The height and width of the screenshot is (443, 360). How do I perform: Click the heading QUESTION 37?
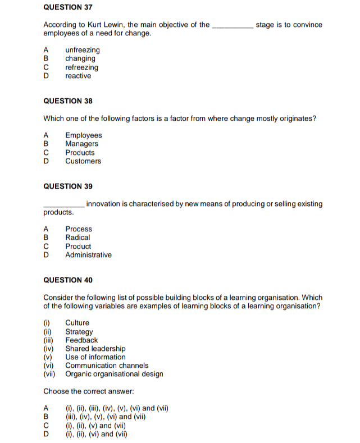point(68,7)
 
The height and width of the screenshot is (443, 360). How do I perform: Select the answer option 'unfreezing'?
point(82,50)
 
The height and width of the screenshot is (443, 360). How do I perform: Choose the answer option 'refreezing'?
point(81,67)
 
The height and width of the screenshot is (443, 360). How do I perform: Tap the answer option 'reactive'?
point(78,76)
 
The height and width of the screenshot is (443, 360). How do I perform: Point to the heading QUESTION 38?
point(68,101)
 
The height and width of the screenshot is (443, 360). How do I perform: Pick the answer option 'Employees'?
point(83,135)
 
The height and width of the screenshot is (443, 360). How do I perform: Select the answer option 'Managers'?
point(81,144)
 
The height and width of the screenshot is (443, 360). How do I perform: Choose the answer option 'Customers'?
point(83,161)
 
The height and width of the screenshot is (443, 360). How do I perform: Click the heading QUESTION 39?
point(68,186)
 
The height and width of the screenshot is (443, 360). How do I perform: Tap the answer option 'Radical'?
point(78,238)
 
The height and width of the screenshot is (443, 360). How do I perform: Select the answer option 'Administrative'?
point(88,255)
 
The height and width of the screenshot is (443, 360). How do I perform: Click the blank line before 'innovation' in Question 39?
point(64,205)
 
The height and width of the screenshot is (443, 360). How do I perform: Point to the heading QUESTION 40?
point(68,280)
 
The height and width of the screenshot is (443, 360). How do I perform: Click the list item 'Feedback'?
point(81,340)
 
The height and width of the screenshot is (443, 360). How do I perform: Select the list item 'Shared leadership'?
point(95,349)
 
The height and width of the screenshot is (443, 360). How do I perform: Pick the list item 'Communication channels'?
point(107,366)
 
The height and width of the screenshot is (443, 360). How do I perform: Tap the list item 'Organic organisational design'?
point(114,374)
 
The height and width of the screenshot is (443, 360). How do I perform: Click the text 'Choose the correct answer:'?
point(88,391)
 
